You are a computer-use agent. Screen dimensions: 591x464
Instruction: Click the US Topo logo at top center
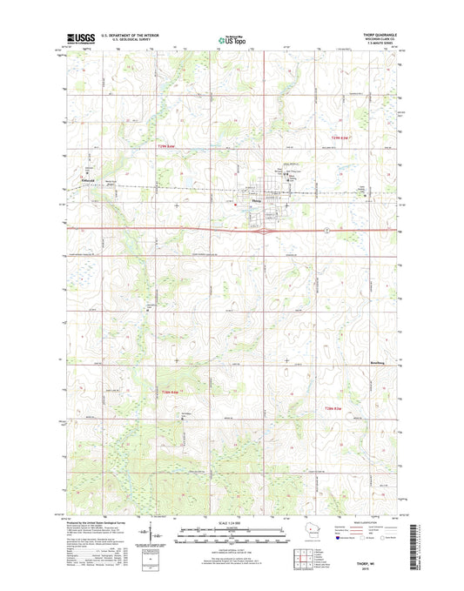click(229, 38)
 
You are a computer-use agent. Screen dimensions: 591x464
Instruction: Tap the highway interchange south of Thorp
click(259, 231)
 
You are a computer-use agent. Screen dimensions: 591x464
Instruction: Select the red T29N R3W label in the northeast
click(344, 138)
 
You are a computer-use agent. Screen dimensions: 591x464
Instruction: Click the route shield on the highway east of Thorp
click(324, 229)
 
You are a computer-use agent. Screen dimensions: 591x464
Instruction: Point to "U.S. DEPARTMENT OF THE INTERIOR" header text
click(131, 35)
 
